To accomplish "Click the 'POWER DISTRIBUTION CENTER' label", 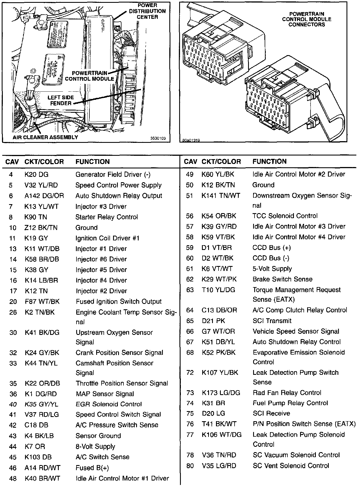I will point(147,11).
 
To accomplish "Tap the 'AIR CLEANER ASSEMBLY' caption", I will point(45,137).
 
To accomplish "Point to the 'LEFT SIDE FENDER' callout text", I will point(60,100).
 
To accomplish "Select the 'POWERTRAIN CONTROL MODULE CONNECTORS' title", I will point(307,19).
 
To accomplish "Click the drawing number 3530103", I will point(158,138).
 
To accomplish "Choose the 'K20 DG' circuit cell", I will point(36,175).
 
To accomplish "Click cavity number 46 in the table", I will point(13,468).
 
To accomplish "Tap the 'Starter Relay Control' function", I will point(107,217).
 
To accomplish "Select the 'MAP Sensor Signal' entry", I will point(105,394).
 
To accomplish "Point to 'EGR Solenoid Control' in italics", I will point(109,404).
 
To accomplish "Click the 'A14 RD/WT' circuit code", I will point(42,468).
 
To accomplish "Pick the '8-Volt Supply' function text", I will point(95,447).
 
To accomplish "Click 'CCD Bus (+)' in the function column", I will point(271,248).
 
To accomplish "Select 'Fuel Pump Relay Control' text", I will point(290,403).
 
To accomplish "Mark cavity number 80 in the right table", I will point(190,466).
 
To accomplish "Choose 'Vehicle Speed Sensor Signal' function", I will point(296,332).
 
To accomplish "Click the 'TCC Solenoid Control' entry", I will point(285,216).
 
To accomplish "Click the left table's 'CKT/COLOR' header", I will point(44,162).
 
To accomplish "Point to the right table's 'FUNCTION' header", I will point(269,162).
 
